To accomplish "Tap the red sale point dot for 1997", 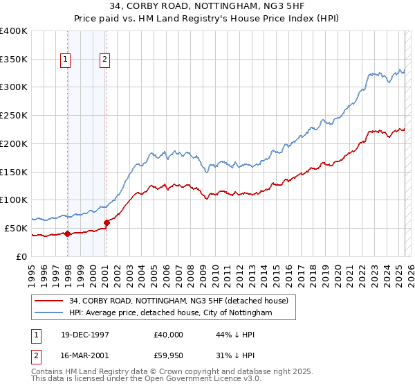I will [67, 233].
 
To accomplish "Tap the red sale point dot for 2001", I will [107, 222].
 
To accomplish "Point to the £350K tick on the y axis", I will [14, 59].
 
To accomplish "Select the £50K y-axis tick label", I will [16, 228].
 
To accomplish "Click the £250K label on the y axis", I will [14, 115].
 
